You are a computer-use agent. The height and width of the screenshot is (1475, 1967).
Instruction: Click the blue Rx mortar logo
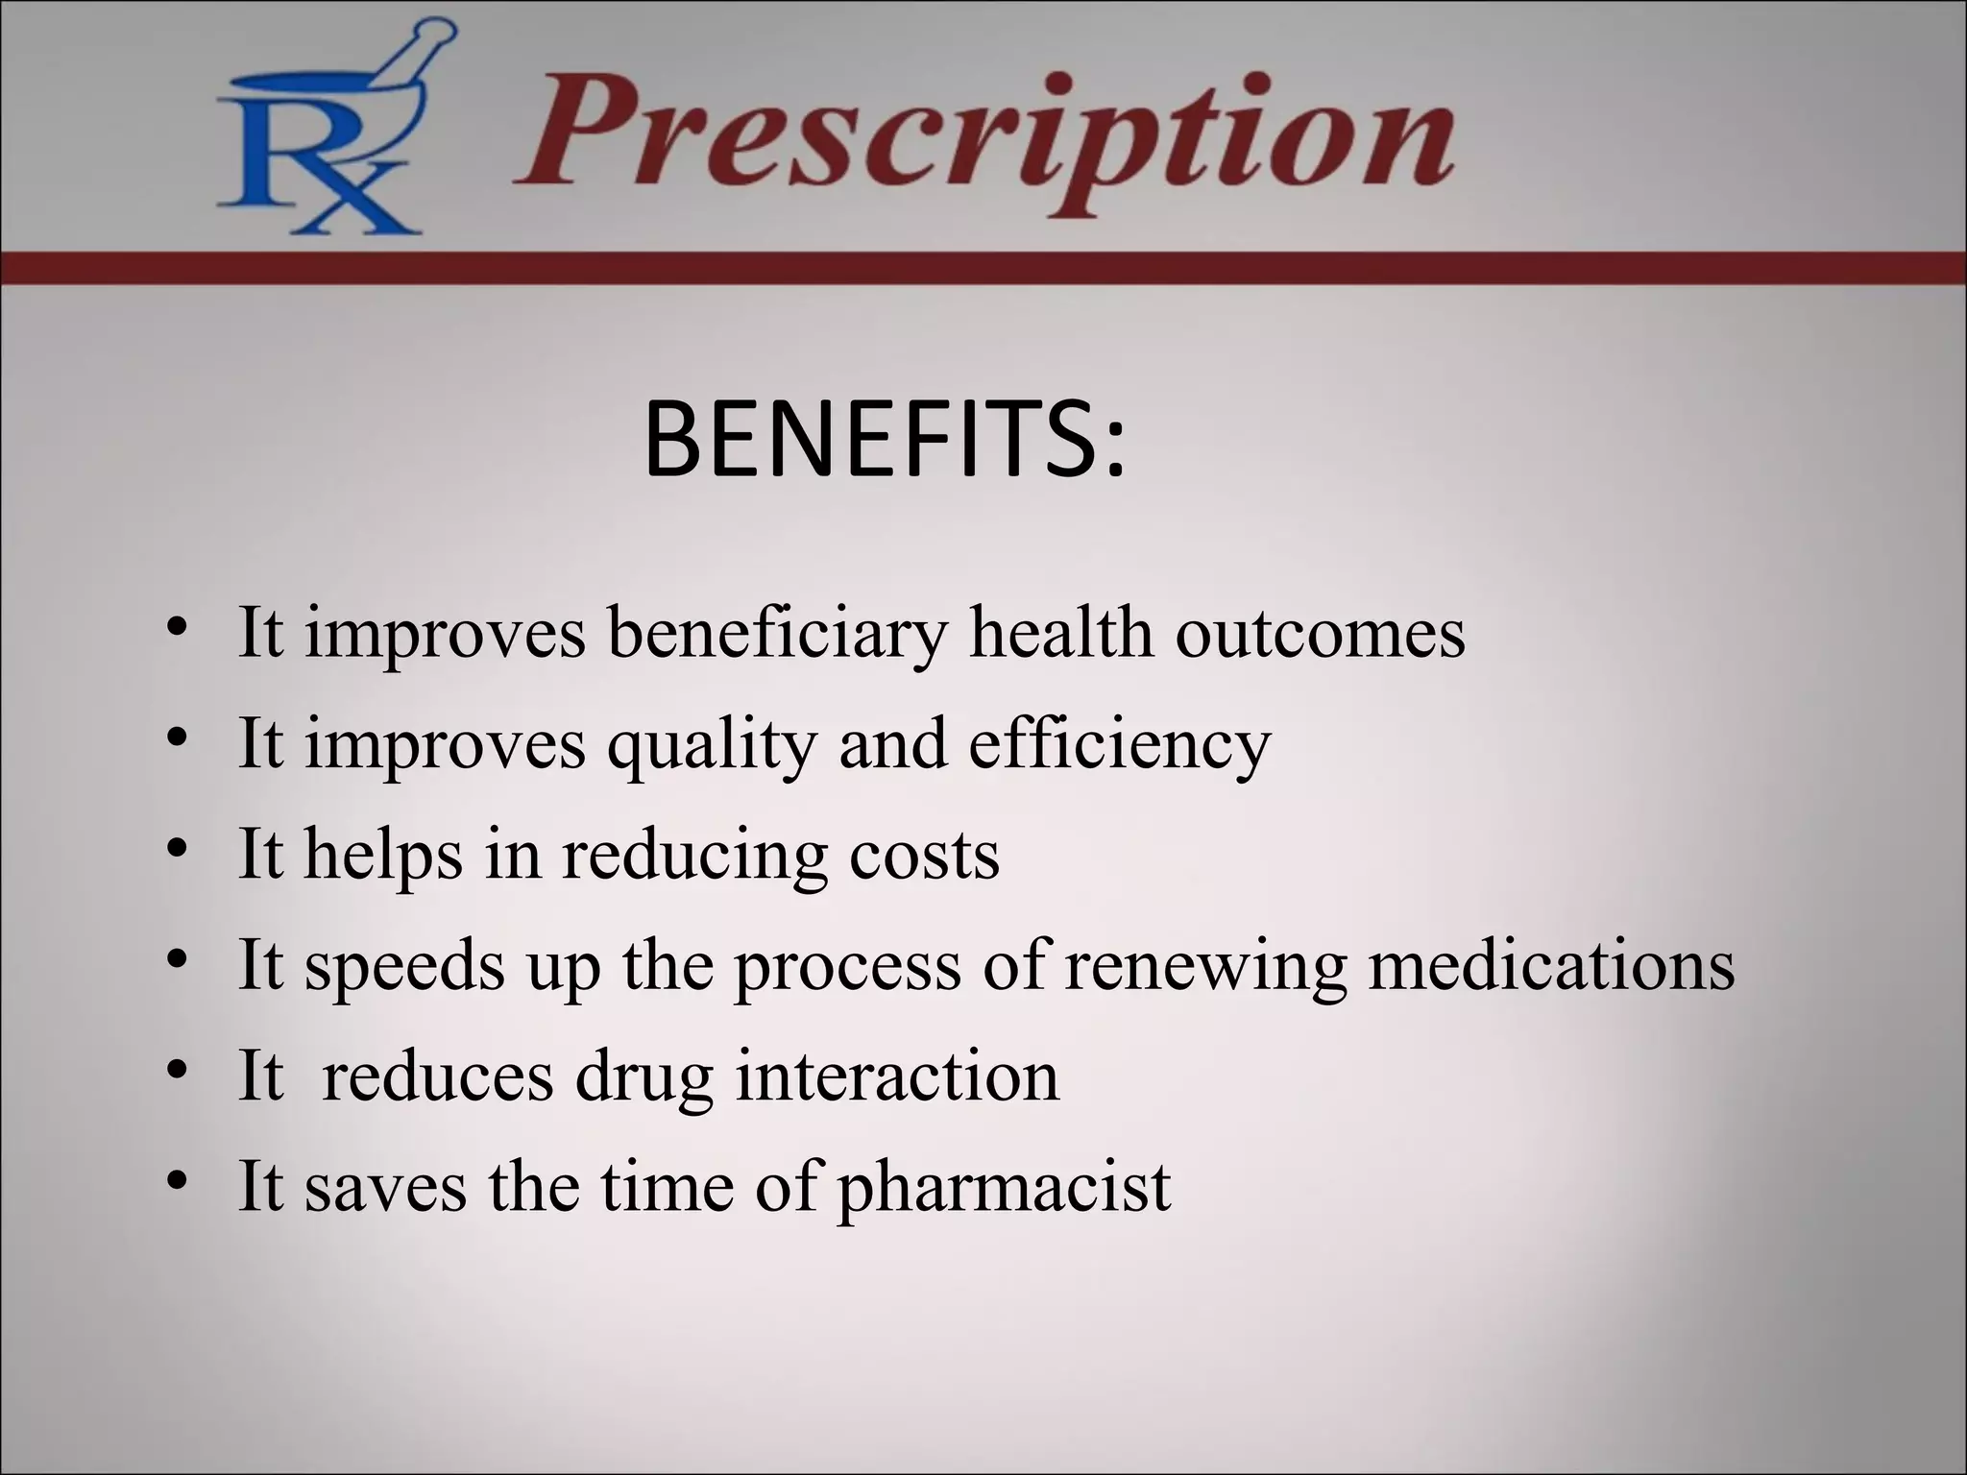(323, 134)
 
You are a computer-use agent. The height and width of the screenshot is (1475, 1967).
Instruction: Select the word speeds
(404, 966)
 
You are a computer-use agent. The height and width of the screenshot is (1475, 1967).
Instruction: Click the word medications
(1552, 964)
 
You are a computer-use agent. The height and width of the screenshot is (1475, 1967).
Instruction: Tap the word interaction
(897, 1076)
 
